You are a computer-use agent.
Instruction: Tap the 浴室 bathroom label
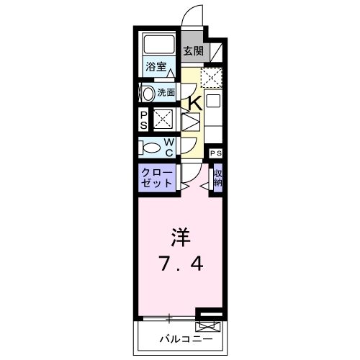click(156, 67)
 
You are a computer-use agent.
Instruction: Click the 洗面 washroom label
click(166, 92)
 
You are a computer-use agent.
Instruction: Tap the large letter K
click(194, 103)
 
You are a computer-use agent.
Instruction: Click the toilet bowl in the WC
click(150, 146)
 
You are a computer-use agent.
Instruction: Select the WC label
click(168, 146)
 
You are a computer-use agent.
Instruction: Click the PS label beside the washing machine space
click(143, 119)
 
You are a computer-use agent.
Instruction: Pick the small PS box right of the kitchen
click(215, 153)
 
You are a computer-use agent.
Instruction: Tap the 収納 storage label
click(217, 177)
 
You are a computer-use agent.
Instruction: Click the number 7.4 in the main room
click(179, 264)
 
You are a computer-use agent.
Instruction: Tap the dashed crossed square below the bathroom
click(163, 118)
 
